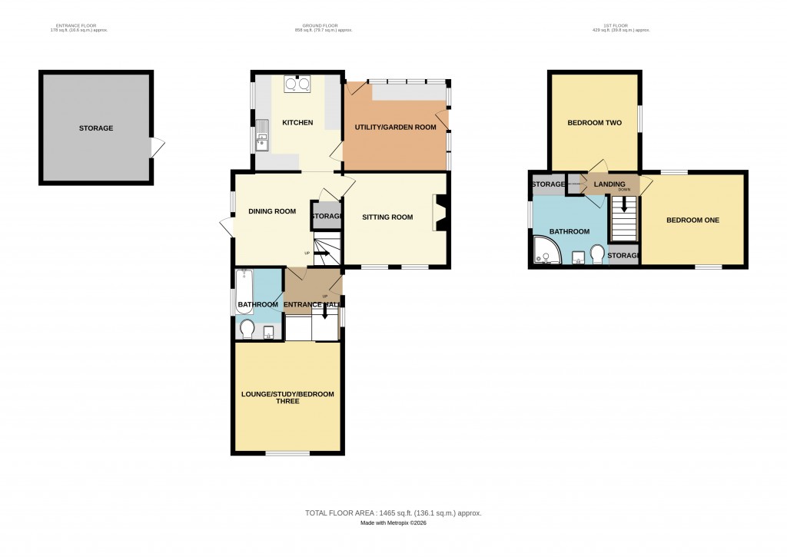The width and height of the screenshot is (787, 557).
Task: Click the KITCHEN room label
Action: (297, 123)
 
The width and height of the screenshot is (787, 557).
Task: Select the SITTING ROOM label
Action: (387, 217)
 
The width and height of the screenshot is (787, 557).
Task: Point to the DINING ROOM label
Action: (271, 211)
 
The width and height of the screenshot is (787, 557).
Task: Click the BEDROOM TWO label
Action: (594, 123)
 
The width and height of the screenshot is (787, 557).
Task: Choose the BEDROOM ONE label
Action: (692, 220)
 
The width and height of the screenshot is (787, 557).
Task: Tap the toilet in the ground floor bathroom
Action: (247, 329)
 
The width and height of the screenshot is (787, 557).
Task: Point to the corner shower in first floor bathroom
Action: (546, 250)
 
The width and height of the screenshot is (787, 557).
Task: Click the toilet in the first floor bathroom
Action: (596, 254)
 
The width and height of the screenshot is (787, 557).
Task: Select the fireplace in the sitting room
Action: (441, 211)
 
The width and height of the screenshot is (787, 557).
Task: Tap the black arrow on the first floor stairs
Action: (624, 204)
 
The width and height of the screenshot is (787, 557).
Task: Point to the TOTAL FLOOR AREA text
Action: (393, 512)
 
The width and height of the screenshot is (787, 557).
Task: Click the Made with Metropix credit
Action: (393, 523)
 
